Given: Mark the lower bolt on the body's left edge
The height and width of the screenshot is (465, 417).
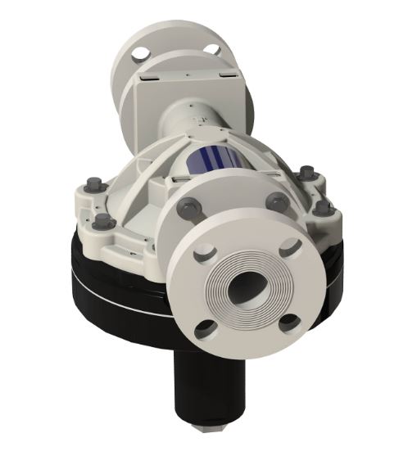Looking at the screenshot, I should coord(103,222).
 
